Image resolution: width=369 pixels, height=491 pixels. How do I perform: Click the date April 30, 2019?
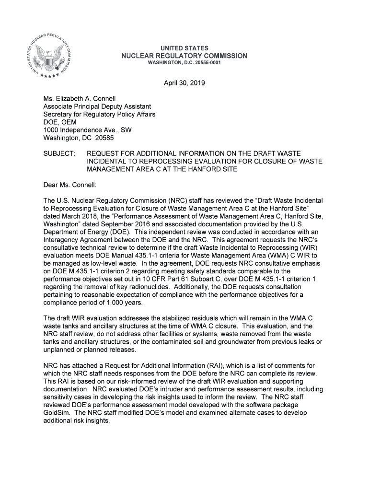pyautogui.click(x=184, y=83)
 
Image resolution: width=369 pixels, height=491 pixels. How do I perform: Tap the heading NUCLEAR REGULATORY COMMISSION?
pyautogui.click(x=184, y=56)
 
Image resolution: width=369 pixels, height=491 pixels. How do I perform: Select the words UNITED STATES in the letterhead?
pyautogui.click(x=184, y=48)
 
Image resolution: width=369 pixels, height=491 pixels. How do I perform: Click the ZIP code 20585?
pyautogui.click(x=104, y=138)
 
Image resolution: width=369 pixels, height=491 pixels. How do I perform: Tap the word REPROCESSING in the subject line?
pyautogui.click(x=157, y=161)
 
